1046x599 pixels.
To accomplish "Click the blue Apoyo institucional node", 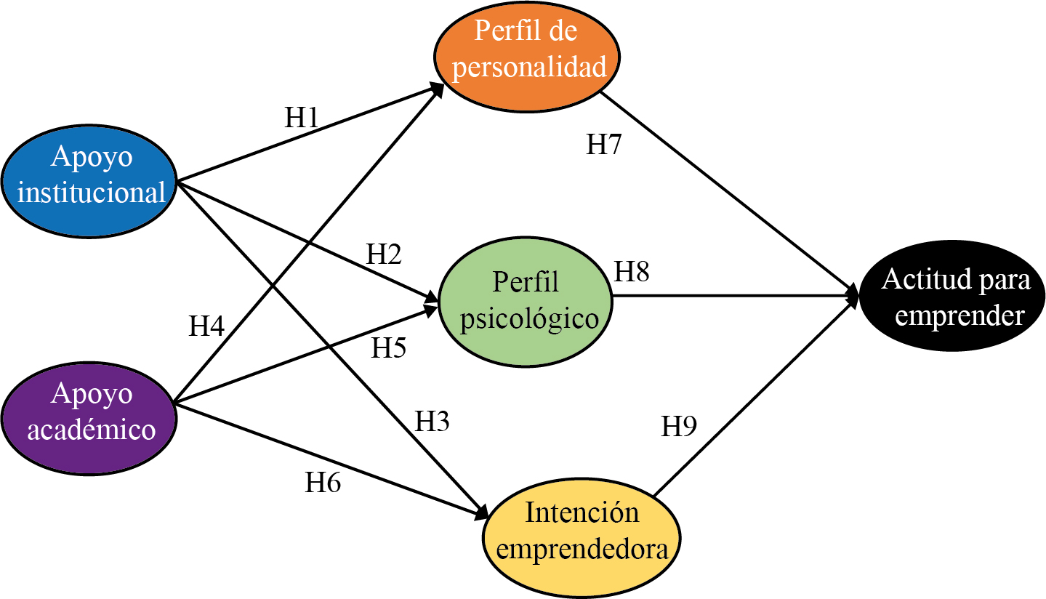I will pyautogui.click(x=91, y=180).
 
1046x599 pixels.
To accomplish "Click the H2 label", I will pyautogui.click(x=384, y=254).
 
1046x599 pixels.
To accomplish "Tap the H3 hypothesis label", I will pyautogui.click(x=432, y=421).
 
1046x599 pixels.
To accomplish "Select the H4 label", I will pyautogui.click(x=206, y=326).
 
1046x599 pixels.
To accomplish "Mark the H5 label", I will pyautogui.click(x=389, y=348).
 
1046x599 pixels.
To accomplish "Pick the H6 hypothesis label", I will pyautogui.click(x=323, y=483).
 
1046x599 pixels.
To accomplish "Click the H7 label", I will pyautogui.click(x=605, y=145).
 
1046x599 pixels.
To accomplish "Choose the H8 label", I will pyautogui.click(x=632, y=272).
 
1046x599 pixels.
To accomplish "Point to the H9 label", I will pyautogui.click(x=679, y=426).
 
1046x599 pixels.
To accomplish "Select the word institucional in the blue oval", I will pyautogui.click(x=92, y=193).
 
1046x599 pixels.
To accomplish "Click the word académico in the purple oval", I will pyautogui.click(x=92, y=430).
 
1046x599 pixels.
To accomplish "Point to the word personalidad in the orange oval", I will pyautogui.click(x=528, y=67).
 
